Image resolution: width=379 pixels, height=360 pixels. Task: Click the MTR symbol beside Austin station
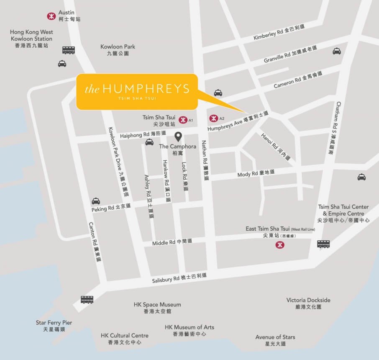[x=51, y=16]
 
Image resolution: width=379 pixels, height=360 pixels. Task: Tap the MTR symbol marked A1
[x=182, y=120]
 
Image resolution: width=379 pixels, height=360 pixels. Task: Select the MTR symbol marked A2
[x=213, y=118]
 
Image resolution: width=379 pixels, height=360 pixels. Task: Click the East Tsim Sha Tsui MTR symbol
[x=279, y=245]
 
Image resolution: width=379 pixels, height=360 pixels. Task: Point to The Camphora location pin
[x=178, y=137]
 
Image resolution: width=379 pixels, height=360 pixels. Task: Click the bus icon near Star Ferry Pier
[x=87, y=299]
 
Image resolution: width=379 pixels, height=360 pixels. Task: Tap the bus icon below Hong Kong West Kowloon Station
[x=69, y=50]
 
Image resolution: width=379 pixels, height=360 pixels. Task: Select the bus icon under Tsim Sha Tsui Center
[x=323, y=244]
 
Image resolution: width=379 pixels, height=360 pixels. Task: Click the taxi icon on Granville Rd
[x=337, y=51]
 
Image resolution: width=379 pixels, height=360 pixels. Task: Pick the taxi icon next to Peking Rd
[x=96, y=201]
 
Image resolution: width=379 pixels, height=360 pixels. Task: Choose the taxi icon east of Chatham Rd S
[x=361, y=177]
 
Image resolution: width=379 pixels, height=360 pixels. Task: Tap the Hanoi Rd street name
[x=275, y=147]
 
